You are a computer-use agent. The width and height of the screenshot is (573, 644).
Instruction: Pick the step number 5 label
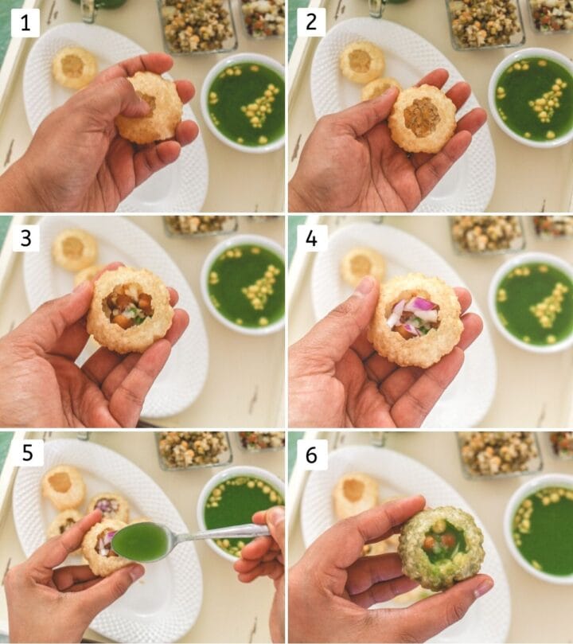[x=25, y=454]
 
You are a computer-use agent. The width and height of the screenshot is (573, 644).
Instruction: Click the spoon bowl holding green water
[x=140, y=542]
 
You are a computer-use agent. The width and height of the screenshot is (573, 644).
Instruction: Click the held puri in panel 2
[x=421, y=118]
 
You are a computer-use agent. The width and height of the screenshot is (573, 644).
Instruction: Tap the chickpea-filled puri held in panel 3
[x=130, y=309]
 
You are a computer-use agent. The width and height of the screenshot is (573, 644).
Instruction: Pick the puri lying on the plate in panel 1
[x=74, y=67]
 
